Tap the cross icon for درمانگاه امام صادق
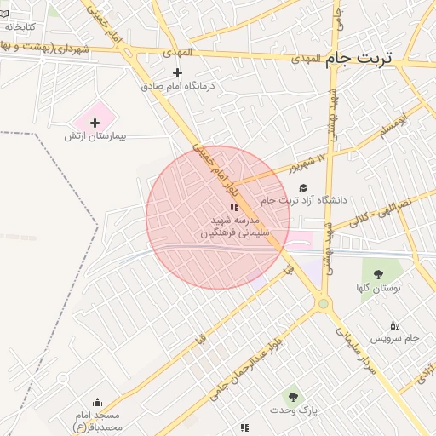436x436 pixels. [x=177, y=72]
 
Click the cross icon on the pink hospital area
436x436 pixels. [x=95, y=123]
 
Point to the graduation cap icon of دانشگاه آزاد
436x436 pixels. [x=303, y=188]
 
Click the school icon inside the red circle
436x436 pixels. [x=233, y=207]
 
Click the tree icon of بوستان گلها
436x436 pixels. [x=378, y=274]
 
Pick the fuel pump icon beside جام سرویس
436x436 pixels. [x=393, y=325]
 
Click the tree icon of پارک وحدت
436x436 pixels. [x=293, y=397]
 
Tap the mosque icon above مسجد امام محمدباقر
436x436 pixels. [x=97, y=403]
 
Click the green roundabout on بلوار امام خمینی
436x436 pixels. [x=323, y=304]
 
